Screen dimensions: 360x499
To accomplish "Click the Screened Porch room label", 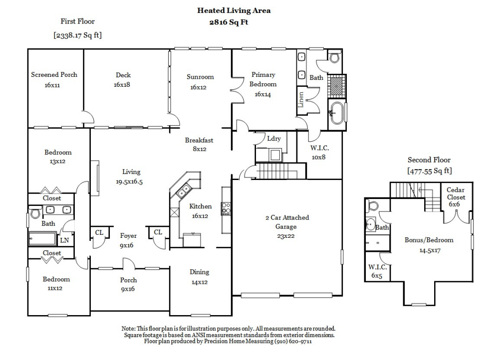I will (54, 75).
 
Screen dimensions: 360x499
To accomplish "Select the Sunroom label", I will (200, 77).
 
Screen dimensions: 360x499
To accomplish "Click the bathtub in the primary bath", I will (336, 113).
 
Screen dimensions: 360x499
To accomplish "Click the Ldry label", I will (273, 139).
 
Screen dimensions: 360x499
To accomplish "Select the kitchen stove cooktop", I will (226, 208).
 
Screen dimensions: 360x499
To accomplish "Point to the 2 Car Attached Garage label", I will (287, 217).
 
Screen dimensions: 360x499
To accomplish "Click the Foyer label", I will (128, 236).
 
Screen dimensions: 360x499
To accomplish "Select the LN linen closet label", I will (64, 241).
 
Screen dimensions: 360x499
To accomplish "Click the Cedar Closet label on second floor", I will (456, 193).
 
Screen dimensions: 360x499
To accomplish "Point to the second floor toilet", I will (372, 205).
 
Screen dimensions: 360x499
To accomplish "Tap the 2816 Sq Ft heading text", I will (229, 22).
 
